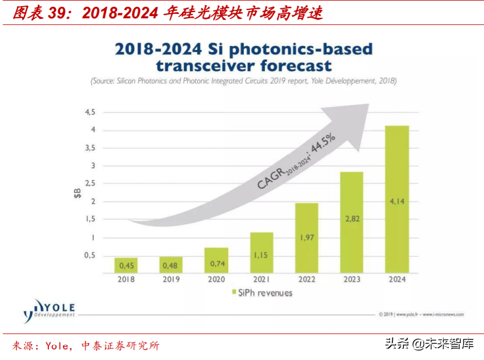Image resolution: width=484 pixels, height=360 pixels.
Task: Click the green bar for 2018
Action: pos(126,265)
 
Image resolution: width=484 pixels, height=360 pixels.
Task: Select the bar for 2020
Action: pos(216,260)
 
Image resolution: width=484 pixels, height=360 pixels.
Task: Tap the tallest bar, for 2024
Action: pos(397,199)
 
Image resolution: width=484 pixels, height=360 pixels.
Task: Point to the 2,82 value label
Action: pos(352,219)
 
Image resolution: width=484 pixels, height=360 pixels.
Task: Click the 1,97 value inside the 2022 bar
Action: pos(307,237)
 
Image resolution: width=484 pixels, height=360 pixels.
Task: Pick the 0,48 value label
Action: pos(170,266)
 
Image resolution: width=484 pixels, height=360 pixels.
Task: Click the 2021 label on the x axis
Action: pos(261,279)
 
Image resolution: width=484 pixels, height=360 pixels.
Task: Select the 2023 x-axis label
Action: pos(352,279)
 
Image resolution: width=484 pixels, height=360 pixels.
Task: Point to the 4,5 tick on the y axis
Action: pos(90,112)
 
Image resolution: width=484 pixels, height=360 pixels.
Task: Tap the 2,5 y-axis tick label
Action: pos(90,183)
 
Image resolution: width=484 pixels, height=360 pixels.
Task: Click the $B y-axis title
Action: pos(77,194)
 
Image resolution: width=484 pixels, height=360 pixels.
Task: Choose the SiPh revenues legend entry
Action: pos(262,293)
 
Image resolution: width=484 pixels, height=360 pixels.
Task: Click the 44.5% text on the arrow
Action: pos(323,143)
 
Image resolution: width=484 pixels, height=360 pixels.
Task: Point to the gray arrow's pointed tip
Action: pos(369,104)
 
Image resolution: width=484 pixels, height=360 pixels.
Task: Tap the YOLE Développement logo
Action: pos(49,311)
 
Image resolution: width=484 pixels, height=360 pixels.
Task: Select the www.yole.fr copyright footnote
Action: pos(421,315)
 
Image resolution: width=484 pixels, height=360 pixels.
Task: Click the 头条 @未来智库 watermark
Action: pos(430,343)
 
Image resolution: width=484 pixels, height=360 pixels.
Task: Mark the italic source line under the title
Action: pos(244,81)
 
